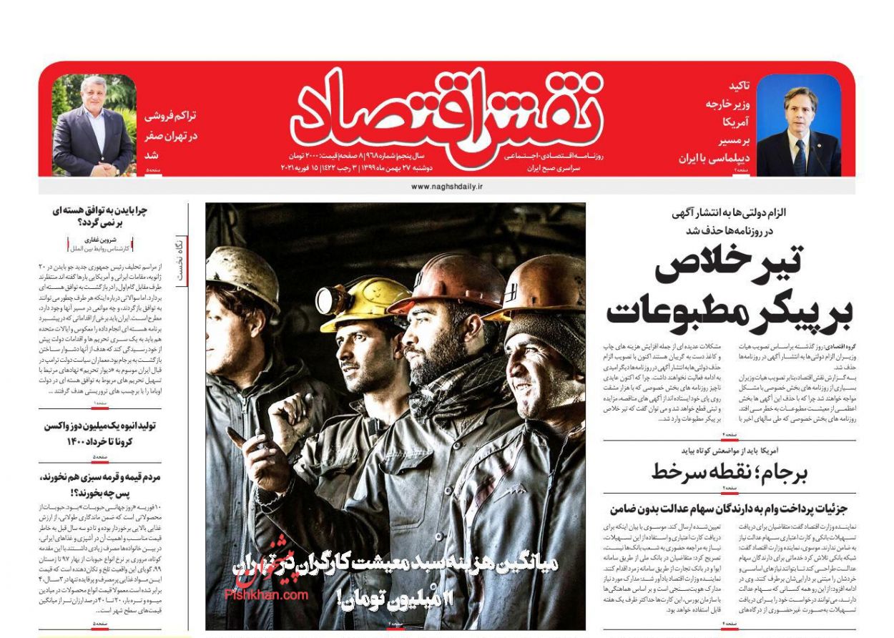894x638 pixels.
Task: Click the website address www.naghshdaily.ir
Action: pos(447,186)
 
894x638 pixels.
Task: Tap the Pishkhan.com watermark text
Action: pos(266,594)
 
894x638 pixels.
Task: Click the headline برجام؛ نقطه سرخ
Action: pos(730,471)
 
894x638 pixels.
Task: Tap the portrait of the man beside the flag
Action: pos(798,125)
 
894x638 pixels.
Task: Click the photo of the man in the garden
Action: pos(93,125)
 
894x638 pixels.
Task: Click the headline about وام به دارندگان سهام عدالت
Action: pos(728,509)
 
